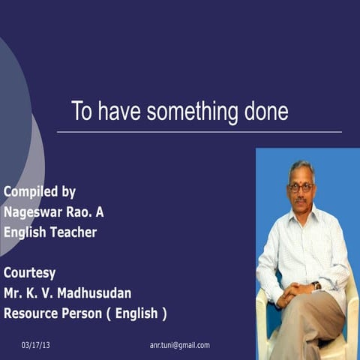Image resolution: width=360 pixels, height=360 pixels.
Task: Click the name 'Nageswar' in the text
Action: [x=34, y=211]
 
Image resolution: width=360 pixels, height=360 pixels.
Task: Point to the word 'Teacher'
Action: [x=73, y=232]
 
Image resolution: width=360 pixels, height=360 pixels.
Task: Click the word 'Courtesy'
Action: [x=30, y=272]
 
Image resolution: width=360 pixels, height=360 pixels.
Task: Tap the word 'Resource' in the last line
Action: [x=33, y=313]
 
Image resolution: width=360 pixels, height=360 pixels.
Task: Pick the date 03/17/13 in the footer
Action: [x=36, y=345]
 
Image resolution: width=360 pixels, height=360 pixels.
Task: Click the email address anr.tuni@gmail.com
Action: [x=180, y=345]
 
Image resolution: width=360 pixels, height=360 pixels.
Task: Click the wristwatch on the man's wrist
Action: [x=316, y=285]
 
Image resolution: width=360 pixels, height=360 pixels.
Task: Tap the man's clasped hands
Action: [x=296, y=289]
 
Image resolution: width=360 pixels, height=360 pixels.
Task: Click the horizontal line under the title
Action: [x=199, y=132]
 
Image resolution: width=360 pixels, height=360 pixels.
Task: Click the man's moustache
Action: [x=301, y=199]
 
